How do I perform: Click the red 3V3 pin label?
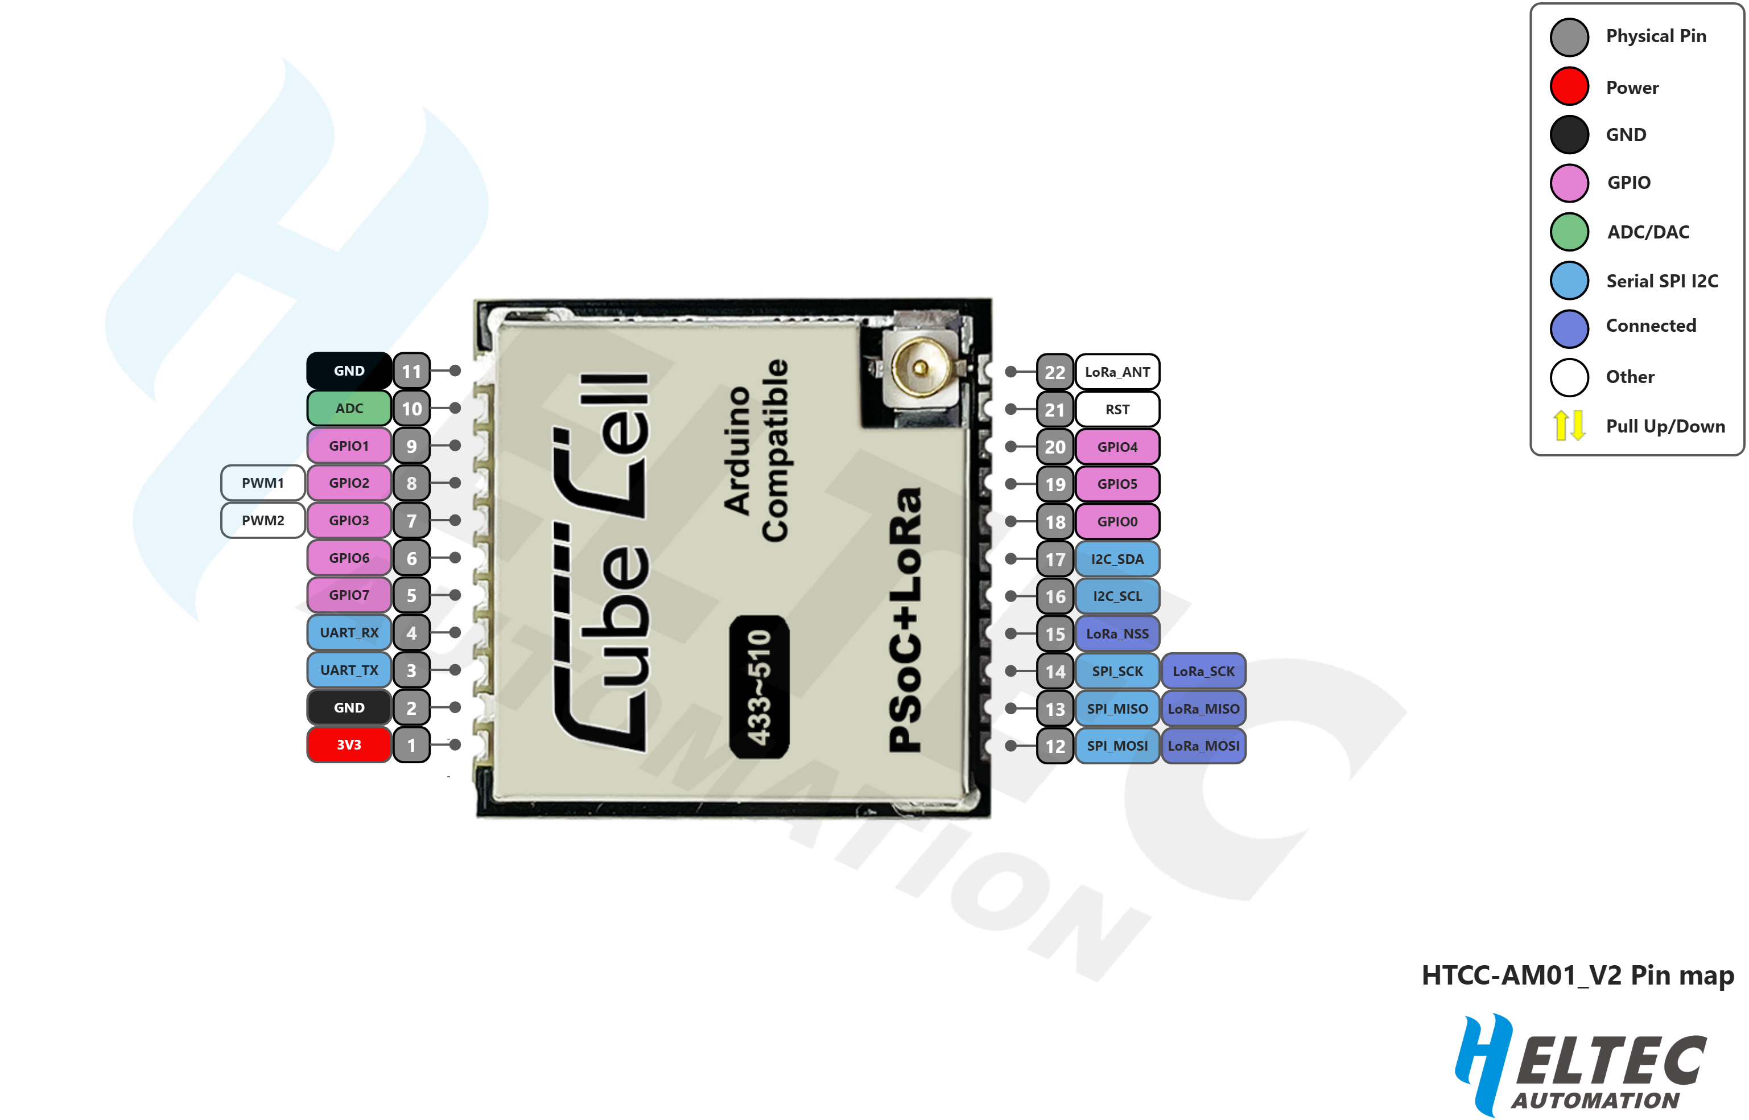pos(349,745)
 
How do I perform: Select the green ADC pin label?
pos(349,409)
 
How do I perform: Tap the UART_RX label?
pos(349,633)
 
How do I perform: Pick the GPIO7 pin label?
pos(349,595)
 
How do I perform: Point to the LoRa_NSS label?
pos(1117,634)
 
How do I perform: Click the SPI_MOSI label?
pos(1117,746)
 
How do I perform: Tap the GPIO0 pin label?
pos(1117,521)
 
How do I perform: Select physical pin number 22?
pos(1055,372)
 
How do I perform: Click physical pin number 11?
pos(411,372)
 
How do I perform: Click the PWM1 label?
pos(262,483)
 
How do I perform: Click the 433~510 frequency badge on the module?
pos(760,687)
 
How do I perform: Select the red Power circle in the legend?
pos(1569,87)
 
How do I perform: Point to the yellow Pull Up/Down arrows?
pos(1569,426)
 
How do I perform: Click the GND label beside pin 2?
pos(349,707)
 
